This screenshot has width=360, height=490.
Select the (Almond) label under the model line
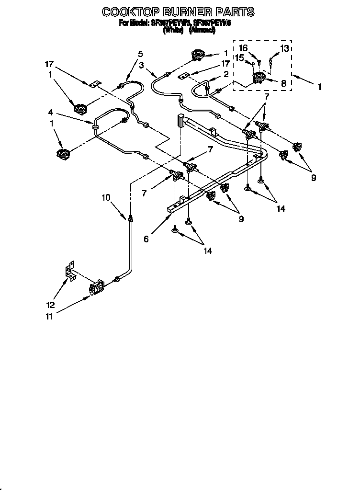[202, 30]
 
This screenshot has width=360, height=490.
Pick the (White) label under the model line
[173, 30]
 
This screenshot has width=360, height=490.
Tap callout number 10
[106, 197]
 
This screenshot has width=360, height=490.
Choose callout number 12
[50, 305]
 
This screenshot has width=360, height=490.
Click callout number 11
[49, 316]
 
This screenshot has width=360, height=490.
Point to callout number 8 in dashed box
[283, 83]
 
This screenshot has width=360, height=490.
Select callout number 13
[284, 48]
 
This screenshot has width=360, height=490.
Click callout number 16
[243, 48]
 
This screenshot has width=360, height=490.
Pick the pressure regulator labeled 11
[96, 289]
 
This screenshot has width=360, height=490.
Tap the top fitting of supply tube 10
[130, 218]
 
